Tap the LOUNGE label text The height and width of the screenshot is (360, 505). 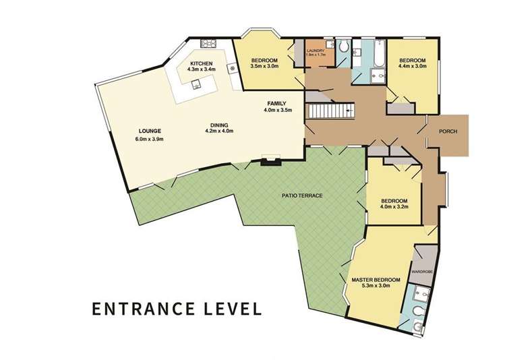click(149, 131)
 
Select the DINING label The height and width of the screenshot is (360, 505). click(218, 125)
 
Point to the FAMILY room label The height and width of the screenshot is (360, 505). click(276, 103)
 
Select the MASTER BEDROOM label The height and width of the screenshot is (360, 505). click(376, 279)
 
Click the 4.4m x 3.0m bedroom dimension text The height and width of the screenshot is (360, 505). click(413, 66)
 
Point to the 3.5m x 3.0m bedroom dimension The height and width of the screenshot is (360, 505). click(264, 66)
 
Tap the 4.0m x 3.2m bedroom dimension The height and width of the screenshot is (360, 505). click(394, 207)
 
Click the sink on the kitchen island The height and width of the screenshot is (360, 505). click(196, 84)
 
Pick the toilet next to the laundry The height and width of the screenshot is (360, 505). click(344, 47)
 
